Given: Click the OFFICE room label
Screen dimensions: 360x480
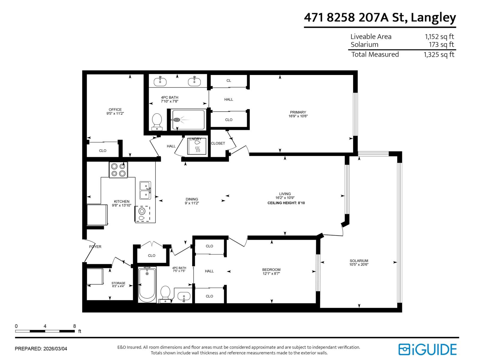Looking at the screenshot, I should click(115, 109).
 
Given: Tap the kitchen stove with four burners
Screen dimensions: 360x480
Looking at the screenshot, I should click(118, 170).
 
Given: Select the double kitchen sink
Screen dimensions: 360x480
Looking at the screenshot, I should click(145, 190).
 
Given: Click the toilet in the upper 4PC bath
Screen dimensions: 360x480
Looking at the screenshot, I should click(157, 121).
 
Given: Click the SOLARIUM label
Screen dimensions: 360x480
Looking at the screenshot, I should click(359, 261).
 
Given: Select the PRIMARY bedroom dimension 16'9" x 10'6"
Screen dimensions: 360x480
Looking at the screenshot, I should click(298, 116).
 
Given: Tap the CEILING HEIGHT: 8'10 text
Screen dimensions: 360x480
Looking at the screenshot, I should click(286, 203).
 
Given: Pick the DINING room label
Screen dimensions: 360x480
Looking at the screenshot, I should click(192, 199).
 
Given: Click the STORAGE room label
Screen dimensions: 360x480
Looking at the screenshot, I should click(118, 283).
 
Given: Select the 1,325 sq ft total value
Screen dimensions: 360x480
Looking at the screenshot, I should click(439, 55).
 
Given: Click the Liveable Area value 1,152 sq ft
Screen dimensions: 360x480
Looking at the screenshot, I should click(439, 37).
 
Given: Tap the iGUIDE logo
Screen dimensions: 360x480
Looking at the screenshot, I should click(427, 349).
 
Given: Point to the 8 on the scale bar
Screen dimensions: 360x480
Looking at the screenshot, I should click(74, 326).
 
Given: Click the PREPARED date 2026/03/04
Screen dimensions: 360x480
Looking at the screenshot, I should click(55, 349).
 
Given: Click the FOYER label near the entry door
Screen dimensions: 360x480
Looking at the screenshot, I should click(95, 247).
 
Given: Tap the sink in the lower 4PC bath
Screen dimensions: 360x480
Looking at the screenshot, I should click(184, 297).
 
